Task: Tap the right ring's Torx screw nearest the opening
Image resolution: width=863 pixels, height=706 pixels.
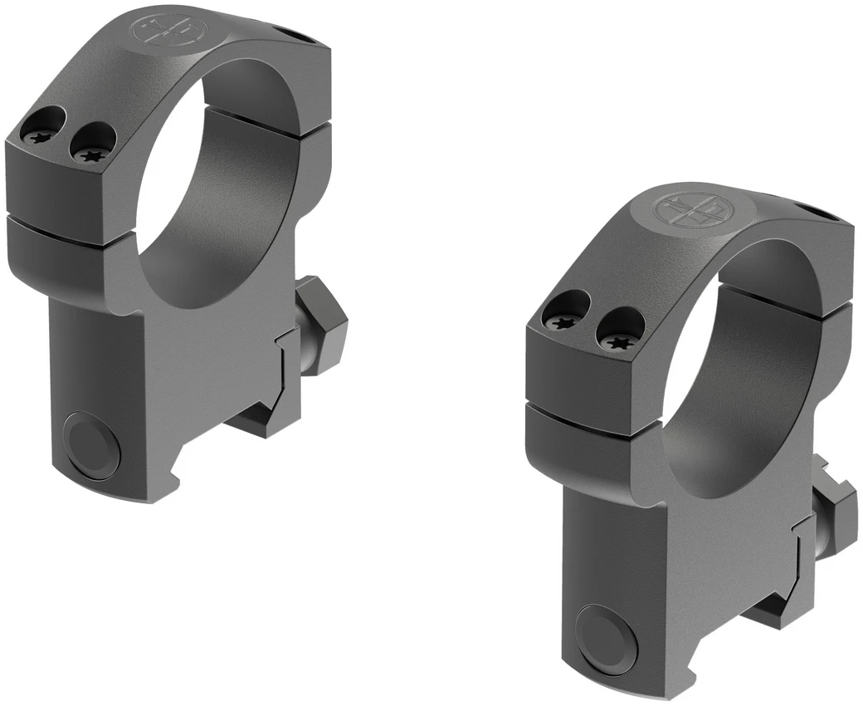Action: (618, 340)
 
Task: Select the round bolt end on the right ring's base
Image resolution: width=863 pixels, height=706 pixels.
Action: (607, 639)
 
